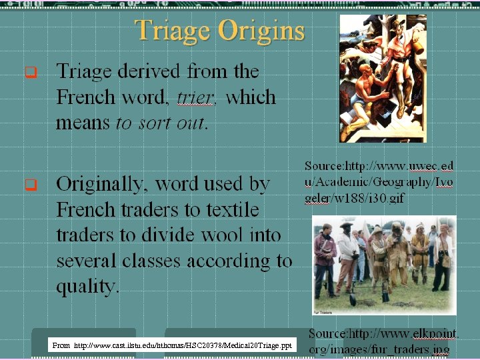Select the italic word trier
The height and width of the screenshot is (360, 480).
coord(196,97)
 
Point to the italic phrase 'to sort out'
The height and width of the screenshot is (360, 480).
coord(162,123)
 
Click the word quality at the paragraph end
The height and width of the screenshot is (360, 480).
coord(87,287)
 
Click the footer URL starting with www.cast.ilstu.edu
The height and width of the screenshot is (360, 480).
coord(183,345)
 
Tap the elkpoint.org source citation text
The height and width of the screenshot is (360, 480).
coord(383,341)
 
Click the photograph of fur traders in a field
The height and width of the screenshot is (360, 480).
coord(384,265)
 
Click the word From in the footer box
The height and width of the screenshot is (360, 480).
coord(61,345)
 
